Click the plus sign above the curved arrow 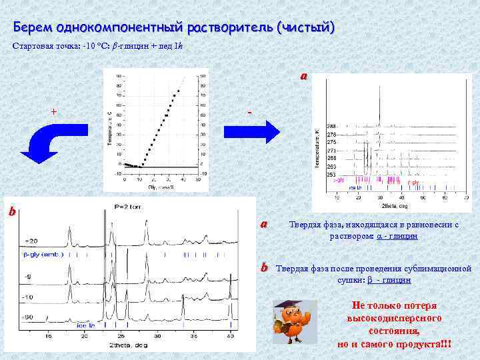pyautogui.click(x=53, y=111)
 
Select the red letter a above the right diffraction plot pyautogui.click(x=303, y=76)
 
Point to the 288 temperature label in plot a pyautogui.click(x=331, y=127)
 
